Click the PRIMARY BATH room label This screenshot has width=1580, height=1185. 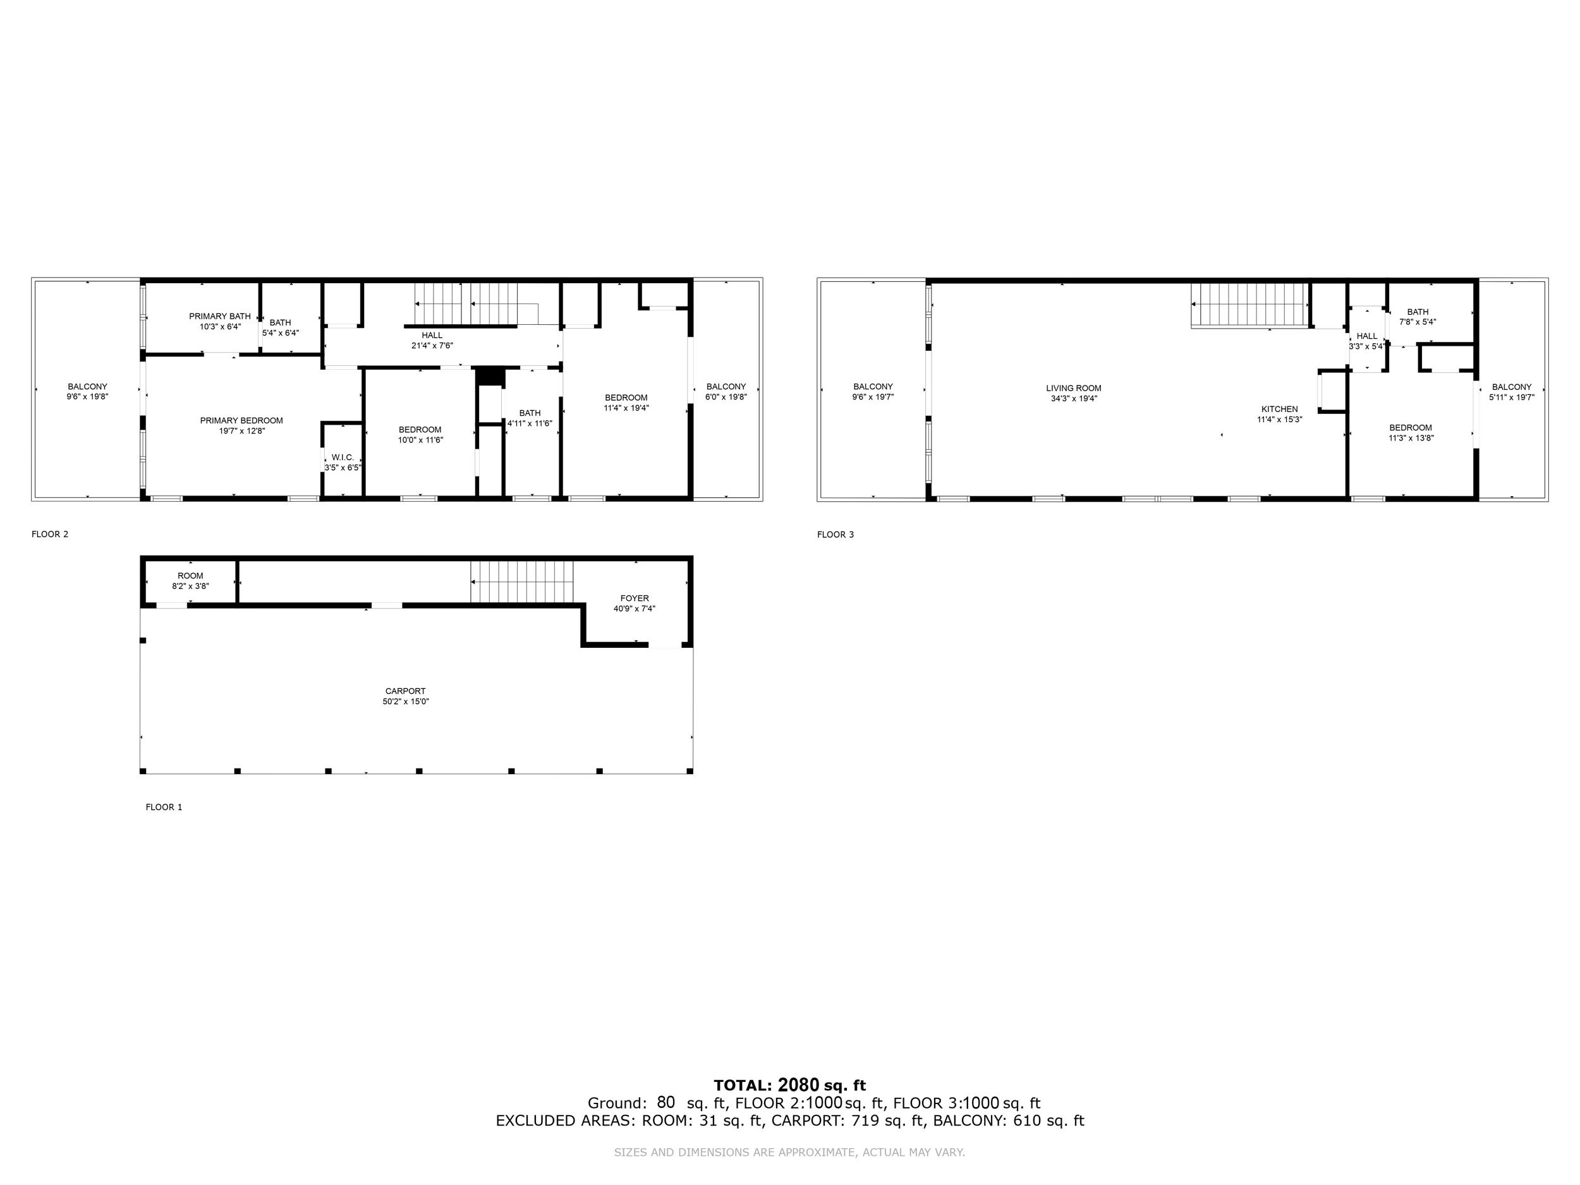[220, 317]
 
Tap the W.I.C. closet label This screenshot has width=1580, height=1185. [343, 457]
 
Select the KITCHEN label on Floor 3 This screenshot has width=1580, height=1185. [1279, 410]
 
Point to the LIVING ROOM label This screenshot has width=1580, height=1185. [1074, 389]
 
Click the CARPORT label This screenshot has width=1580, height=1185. [405, 691]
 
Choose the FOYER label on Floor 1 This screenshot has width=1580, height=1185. [635, 599]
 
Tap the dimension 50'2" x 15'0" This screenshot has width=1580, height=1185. [406, 702]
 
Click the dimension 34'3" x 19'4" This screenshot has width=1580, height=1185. [1074, 399]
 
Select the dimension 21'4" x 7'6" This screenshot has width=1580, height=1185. [432, 346]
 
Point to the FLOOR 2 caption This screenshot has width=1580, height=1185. [50, 534]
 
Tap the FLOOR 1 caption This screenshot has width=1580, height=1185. [164, 807]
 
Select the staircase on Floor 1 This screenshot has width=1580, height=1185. [522, 581]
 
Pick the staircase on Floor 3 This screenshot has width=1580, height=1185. [1249, 305]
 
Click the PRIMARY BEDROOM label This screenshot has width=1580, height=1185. [241, 421]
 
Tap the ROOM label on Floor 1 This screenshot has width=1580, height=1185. [191, 576]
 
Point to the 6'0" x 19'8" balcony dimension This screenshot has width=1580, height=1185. [726, 397]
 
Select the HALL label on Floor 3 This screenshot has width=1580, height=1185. [1367, 336]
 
